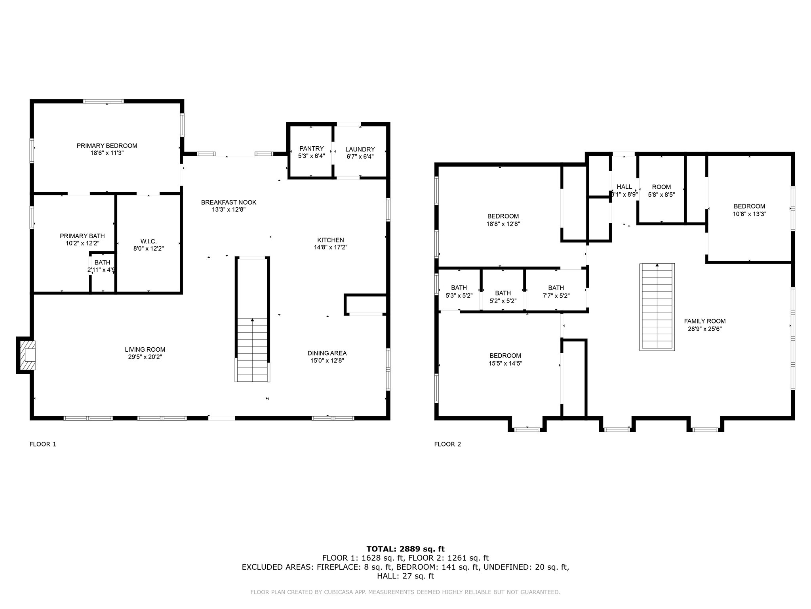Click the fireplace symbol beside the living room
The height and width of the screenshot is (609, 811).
click(x=27, y=355)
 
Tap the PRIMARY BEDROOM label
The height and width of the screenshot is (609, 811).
click(x=107, y=146)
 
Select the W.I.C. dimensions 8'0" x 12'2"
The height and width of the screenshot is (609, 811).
click(x=148, y=249)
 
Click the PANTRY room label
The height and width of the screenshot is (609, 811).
click(x=311, y=149)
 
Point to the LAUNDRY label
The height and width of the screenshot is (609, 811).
click(x=360, y=149)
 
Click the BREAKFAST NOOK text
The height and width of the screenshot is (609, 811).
click(x=228, y=202)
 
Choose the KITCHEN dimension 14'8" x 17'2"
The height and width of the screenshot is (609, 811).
click(x=330, y=247)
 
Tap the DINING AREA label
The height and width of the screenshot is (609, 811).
click(x=327, y=353)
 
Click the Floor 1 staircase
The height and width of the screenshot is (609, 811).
click(x=252, y=349)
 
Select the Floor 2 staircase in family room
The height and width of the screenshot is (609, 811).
click(x=657, y=307)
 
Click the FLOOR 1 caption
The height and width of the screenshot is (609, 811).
click(x=43, y=444)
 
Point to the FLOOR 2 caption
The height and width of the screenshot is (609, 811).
click(x=447, y=444)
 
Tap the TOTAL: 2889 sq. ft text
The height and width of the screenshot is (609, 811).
click(x=405, y=549)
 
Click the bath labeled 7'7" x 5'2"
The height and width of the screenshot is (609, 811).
click(x=556, y=291)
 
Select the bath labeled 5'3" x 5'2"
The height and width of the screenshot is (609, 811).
click(x=459, y=291)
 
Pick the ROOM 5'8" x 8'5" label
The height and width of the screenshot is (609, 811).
click(x=661, y=191)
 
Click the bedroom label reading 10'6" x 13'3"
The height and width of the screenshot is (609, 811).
click(x=749, y=210)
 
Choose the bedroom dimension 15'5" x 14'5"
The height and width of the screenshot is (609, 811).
click(x=505, y=363)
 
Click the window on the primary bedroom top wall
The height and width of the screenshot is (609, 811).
click(x=103, y=101)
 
